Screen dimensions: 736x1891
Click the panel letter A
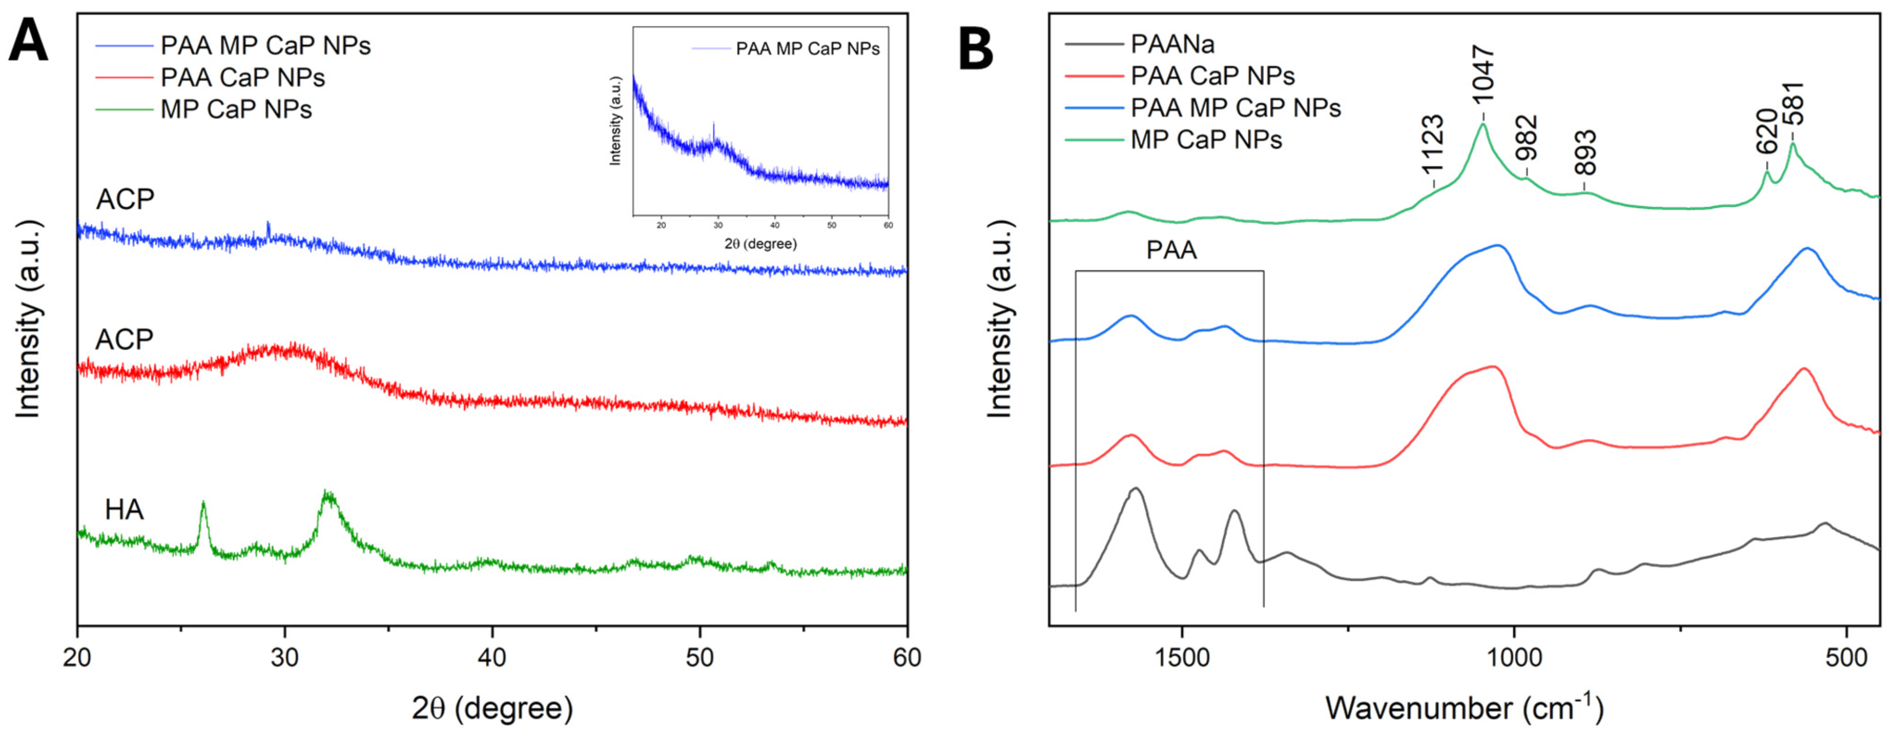[28, 42]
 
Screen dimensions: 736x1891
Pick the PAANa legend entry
[1172, 44]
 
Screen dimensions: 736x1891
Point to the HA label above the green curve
[124, 509]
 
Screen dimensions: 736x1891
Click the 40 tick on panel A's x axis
[492, 657]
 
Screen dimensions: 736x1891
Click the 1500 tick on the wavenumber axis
[1182, 657]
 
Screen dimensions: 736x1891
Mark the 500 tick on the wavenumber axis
[1846, 657]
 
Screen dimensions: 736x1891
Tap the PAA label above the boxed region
[1172, 250]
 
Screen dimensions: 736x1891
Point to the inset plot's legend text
[807, 49]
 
